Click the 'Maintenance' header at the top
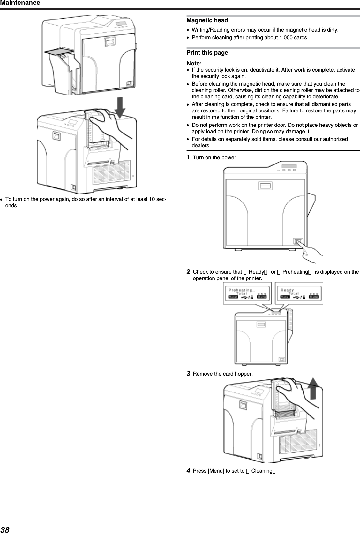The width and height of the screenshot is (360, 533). tap(20, 3)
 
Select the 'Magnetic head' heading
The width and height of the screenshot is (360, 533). tap(207, 20)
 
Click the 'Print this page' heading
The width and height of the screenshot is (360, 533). tap(207, 53)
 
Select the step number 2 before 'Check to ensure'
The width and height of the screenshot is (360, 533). tap(189, 272)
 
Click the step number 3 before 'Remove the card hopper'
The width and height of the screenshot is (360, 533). tap(189, 373)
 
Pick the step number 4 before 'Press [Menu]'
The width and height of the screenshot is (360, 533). tap(189, 470)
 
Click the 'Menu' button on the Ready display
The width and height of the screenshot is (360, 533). tap(314, 297)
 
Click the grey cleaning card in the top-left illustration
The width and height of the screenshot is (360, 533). tap(57, 51)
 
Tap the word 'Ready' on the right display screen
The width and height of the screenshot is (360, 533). tap(287, 290)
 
